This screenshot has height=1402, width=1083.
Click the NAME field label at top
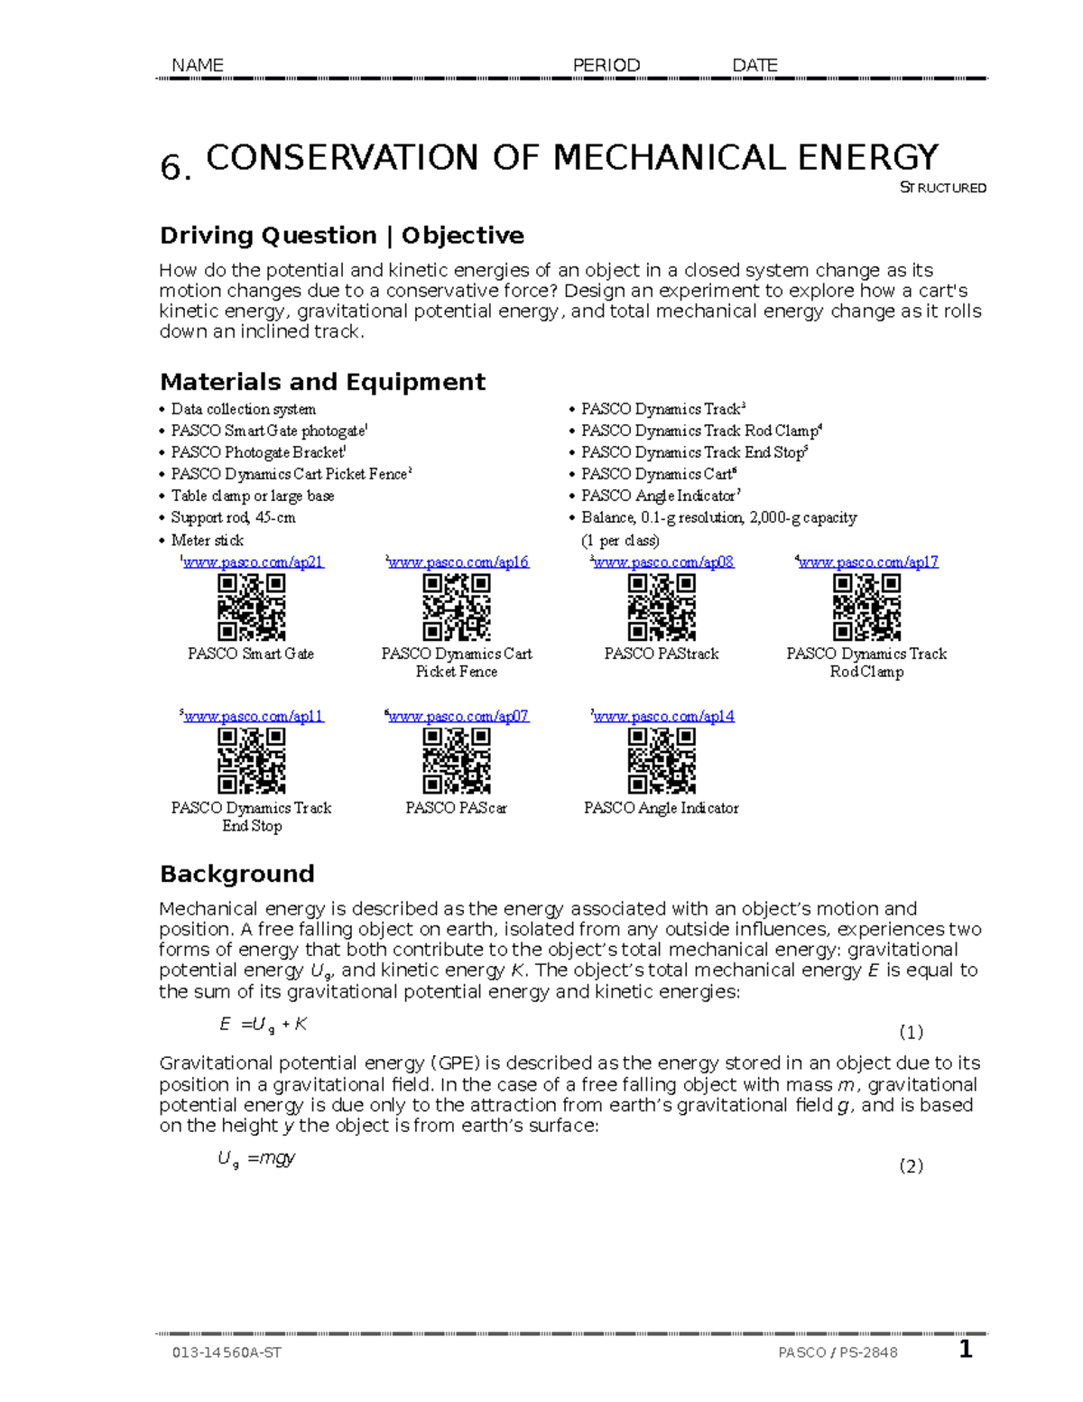[197, 65]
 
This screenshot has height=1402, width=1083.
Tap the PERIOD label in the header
[606, 65]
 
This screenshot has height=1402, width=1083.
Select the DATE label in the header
[754, 65]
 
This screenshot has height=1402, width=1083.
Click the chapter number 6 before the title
[173, 167]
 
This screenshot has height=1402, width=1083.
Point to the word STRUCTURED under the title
[943, 188]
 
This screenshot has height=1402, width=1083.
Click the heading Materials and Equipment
[322, 382]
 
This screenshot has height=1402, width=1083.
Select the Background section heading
[236, 874]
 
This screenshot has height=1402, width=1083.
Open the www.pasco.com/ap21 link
[253, 562]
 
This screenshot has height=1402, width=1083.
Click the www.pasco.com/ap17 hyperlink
[868, 562]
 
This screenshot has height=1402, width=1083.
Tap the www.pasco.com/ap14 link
[663, 716]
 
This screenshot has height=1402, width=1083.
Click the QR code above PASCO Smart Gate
[252, 607]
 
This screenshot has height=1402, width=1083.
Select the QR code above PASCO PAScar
[457, 761]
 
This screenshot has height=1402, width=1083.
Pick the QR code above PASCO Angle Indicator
[662, 761]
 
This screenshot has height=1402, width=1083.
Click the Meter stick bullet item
[207, 540]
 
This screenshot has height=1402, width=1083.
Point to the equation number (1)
[911, 1032]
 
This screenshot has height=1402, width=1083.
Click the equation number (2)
[911, 1165]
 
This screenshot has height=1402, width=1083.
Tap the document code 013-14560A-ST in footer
[227, 1352]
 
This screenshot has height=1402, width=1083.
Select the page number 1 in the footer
[966, 1350]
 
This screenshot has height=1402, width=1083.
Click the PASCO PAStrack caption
[662, 654]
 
